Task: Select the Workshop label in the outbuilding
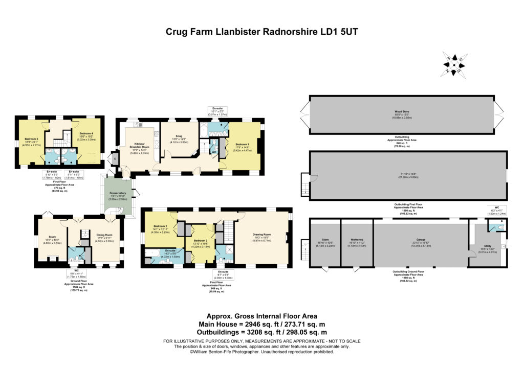(x=357, y=239)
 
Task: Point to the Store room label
(x=326, y=239)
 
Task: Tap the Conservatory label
(x=119, y=194)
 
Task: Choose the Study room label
(x=51, y=237)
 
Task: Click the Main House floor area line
(x=261, y=325)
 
